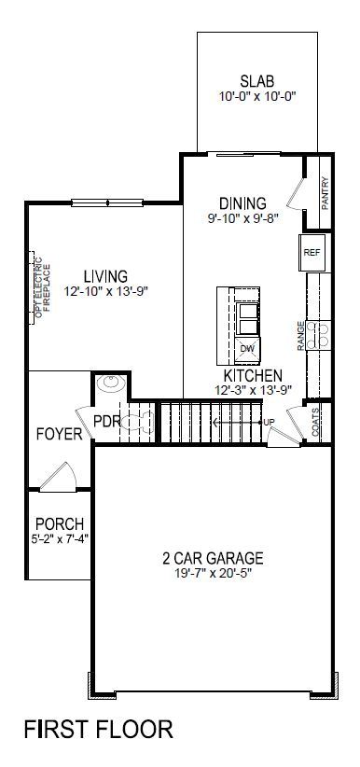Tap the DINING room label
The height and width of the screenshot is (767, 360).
242,202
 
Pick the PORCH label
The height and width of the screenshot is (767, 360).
59,523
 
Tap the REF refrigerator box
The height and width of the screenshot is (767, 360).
312,252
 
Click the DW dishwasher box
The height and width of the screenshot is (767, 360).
247,349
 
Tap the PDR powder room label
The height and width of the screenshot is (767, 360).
107,421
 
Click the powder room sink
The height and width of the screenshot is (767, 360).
110,383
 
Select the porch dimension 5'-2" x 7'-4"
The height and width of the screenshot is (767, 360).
59,537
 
